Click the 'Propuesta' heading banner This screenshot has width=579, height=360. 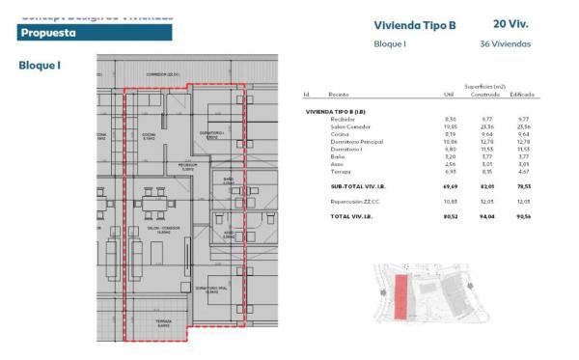pyautogui.click(x=95, y=32)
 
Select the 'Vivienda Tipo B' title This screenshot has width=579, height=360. pyautogui.click(x=413, y=25)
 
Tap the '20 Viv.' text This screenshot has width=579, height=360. pyautogui.click(x=510, y=23)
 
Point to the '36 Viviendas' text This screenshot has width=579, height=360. pyautogui.click(x=504, y=43)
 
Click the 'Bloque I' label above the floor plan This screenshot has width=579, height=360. pyautogui.click(x=40, y=66)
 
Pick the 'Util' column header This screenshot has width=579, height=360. pyautogui.click(x=447, y=95)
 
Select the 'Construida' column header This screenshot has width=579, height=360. pyautogui.click(x=484, y=95)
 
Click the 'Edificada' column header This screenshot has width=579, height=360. pyautogui.click(x=521, y=95)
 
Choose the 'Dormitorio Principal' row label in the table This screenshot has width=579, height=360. pyautogui.click(x=359, y=141)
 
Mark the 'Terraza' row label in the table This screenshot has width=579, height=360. pyautogui.click(x=340, y=171)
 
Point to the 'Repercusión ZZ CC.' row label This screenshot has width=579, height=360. pyautogui.click(x=360, y=201)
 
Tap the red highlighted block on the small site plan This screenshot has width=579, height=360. pyautogui.click(x=400, y=293)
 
